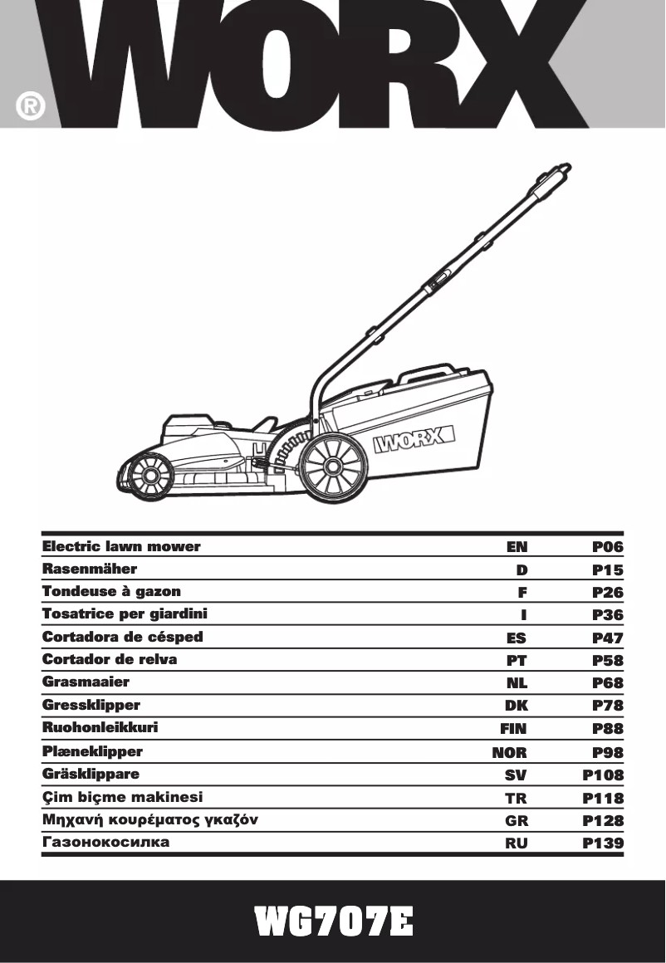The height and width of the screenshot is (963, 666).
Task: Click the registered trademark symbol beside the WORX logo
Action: coord(30,107)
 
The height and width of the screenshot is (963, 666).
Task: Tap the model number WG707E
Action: coord(333,921)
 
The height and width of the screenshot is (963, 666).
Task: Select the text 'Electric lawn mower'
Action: coord(121,546)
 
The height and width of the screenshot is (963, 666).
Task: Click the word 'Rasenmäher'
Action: coord(90,569)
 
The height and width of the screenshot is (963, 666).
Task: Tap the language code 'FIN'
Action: coord(513,729)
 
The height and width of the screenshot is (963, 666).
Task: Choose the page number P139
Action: coord(603,843)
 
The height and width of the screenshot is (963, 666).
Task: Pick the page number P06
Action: coord(608,547)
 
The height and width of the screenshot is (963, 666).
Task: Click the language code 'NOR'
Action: coord(510,752)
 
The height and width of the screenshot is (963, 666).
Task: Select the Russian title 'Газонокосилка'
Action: coord(105,842)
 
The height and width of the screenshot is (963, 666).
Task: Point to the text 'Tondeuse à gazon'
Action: coord(111,591)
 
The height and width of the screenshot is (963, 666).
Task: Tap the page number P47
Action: coord(608,638)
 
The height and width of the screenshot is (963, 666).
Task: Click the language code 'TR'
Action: coord(517,798)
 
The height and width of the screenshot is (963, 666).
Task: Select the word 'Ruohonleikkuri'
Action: coord(100,728)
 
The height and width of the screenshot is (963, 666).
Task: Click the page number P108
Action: coord(603,775)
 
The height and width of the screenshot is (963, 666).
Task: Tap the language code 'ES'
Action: coord(517,638)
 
